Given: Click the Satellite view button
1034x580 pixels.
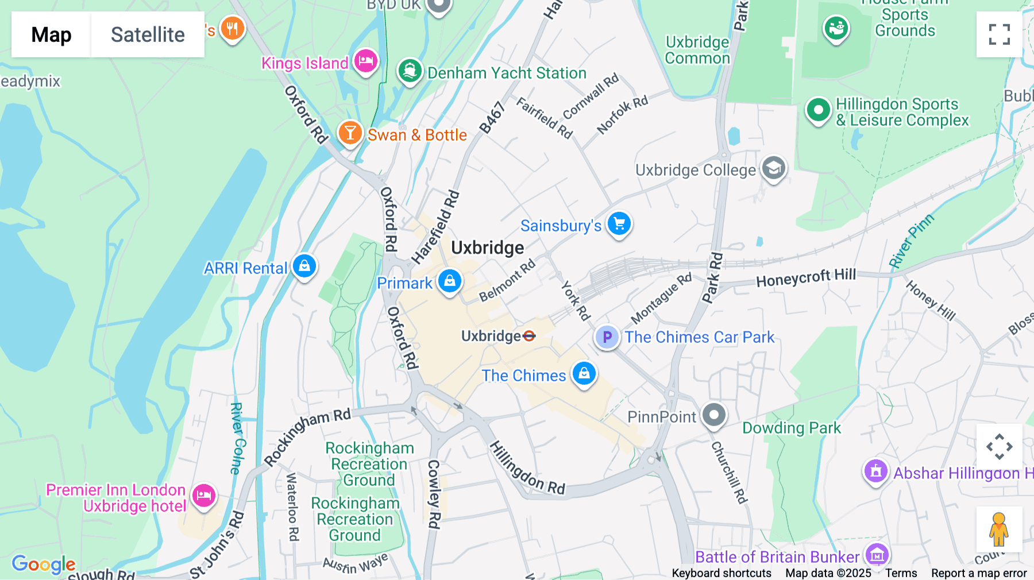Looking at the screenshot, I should pyautogui.click(x=148, y=34).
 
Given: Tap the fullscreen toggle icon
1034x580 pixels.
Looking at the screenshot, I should pyautogui.click(x=999, y=34).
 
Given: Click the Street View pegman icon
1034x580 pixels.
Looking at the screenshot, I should pyautogui.click(x=999, y=529).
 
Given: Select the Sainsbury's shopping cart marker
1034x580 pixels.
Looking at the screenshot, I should pyautogui.click(x=619, y=224).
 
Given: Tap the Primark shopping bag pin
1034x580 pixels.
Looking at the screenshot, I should pyautogui.click(x=450, y=281).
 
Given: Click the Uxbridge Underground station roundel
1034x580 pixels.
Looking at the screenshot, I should pyautogui.click(x=529, y=336).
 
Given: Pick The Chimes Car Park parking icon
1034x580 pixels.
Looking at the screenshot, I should pyautogui.click(x=607, y=337).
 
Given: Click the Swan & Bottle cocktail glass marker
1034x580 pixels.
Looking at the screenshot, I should pyautogui.click(x=350, y=133).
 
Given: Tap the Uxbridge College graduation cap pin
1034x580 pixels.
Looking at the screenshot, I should pyautogui.click(x=774, y=168).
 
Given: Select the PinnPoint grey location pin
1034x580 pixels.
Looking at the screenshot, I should pyautogui.click(x=714, y=415).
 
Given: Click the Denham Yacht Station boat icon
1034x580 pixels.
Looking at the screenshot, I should pyautogui.click(x=410, y=71).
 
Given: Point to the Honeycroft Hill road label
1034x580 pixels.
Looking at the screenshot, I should pyautogui.click(x=805, y=278).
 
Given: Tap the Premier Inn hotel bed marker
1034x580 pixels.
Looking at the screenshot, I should pyautogui.click(x=204, y=495).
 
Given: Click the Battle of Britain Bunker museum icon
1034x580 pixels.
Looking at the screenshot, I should pyautogui.click(x=877, y=555).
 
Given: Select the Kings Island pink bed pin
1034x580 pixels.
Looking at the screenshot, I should pyautogui.click(x=366, y=60).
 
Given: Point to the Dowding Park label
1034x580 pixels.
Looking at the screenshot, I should pyautogui.click(x=791, y=428).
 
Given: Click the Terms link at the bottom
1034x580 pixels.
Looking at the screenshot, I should pyautogui.click(x=901, y=573).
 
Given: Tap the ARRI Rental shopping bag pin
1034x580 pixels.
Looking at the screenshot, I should pyautogui.click(x=304, y=266).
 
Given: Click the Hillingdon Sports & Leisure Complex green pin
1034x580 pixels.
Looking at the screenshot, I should pyautogui.click(x=818, y=109).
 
